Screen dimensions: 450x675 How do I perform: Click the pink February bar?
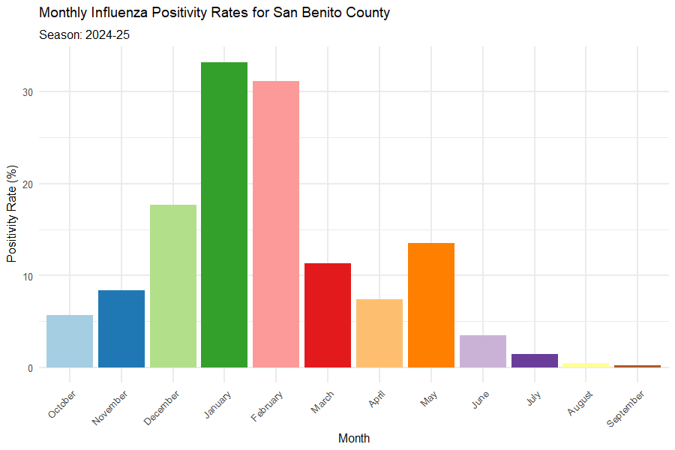tap(276, 224)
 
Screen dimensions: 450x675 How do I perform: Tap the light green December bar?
tap(172, 286)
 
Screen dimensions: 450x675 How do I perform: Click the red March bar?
tap(328, 315)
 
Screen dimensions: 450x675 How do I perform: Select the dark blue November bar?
tap(121, 328)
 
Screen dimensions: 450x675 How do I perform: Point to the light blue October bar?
tap(70, 341)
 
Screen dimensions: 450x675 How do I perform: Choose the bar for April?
tap(379, 333)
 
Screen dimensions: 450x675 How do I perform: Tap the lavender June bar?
tap(482, 351)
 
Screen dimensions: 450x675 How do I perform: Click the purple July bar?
tap(534, 361)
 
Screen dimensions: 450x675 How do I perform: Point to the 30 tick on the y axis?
tap(28, 92)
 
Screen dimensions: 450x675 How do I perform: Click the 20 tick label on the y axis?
tap(28, 184)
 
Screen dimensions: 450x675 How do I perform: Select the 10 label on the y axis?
tap(28, 276)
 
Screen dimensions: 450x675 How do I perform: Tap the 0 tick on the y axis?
tap(31, 367)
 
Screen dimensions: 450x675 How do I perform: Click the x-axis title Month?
tap(353, 438)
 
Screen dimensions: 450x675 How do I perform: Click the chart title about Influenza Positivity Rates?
tap(214, 13)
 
